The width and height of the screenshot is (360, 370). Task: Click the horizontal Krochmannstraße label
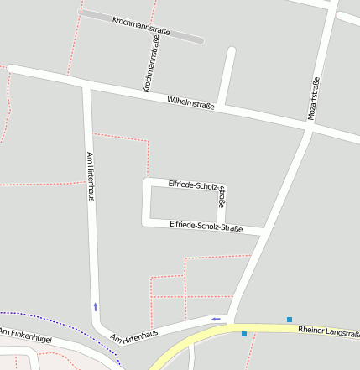tap(141, 25)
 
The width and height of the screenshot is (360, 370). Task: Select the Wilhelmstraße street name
tap(191, 103)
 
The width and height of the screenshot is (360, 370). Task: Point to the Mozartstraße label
tap(315, 99)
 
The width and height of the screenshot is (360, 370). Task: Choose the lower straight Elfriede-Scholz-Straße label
tap(206, 226)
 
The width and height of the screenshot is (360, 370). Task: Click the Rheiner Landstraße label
tap(328, 331)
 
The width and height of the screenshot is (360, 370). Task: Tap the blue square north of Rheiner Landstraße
tap(290, 319)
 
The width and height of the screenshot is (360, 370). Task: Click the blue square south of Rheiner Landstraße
tap(244, 334)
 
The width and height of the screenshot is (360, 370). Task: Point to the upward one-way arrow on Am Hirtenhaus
tap(96, 306)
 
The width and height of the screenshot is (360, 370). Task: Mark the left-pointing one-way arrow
tap(218, 319)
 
